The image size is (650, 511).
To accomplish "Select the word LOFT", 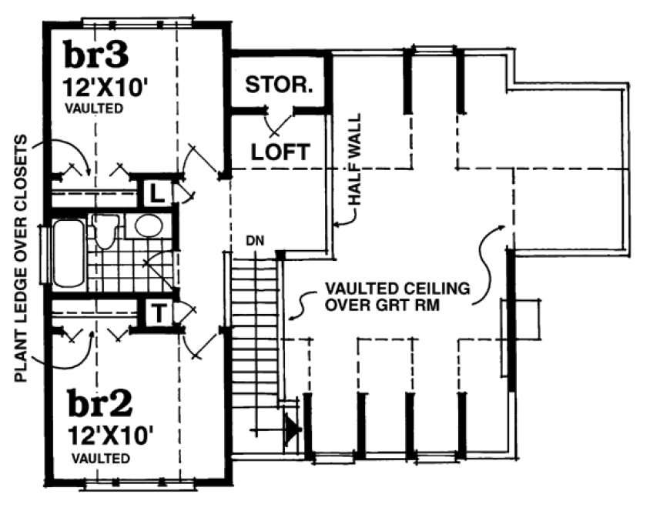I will pyautogui.click(x=280, y=152).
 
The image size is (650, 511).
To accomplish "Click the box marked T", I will pyautogui.click(x=156, y=312).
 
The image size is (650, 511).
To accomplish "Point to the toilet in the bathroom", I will pyautogui.click(x=105, y=230).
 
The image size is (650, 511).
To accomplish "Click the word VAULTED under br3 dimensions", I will pyautogui.click(x=93, y=109).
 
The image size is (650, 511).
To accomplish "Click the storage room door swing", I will pyautogui.click(x=278, y=123).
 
